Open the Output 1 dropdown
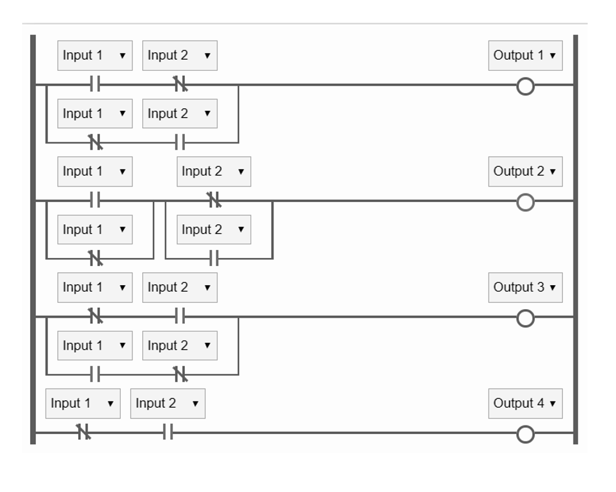(x=525, y=55)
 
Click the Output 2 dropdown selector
(x=525, y=171)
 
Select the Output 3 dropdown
(x=525, y=288)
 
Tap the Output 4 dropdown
(x=525, y=403)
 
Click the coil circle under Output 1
(x=525, y=86)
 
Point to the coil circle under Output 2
(x=525, y=202)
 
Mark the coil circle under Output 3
(x=525, y=318)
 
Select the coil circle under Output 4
(x=525, y=434)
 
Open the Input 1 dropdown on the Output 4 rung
(x=83, y=403)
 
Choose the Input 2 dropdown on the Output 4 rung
(x=168, y=403)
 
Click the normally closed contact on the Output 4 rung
(x=84, y=433)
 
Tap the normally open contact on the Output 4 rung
(x=168, y=433)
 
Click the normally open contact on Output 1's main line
(x=95, y=84)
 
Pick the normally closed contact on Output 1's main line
(x=180, y=84)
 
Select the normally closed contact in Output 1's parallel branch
(x=95, y=142)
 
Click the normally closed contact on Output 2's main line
(x=214, y=200)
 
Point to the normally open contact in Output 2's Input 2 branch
(x=214, y=258)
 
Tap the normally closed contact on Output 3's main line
(x=95, y=317)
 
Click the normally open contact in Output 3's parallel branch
(x=95, y=374)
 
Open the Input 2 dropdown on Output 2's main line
(x=214, y=171)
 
